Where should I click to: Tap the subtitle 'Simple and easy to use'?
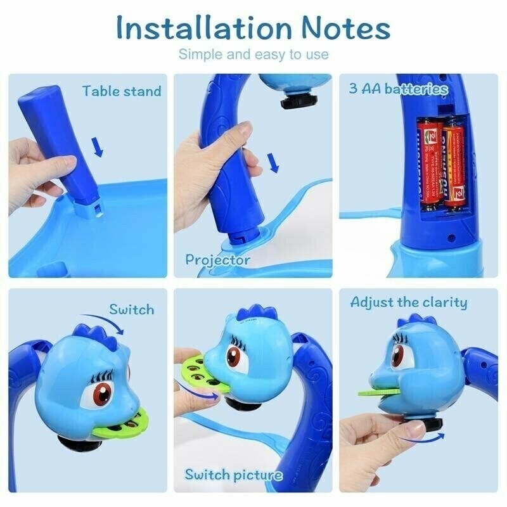[253, 55]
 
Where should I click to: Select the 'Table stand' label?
[122, 91]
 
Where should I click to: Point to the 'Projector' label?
[217, 259]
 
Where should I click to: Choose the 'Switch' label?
[131, 309]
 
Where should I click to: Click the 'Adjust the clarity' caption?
[409, 302]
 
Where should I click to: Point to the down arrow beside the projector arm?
[273, 164]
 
